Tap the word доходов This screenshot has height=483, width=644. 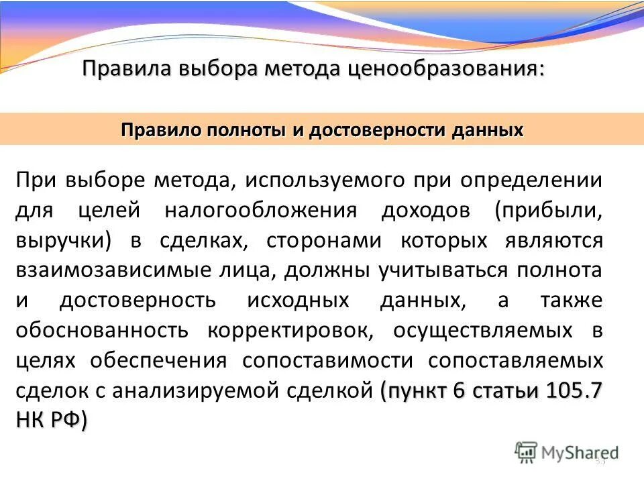(423, 211)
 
